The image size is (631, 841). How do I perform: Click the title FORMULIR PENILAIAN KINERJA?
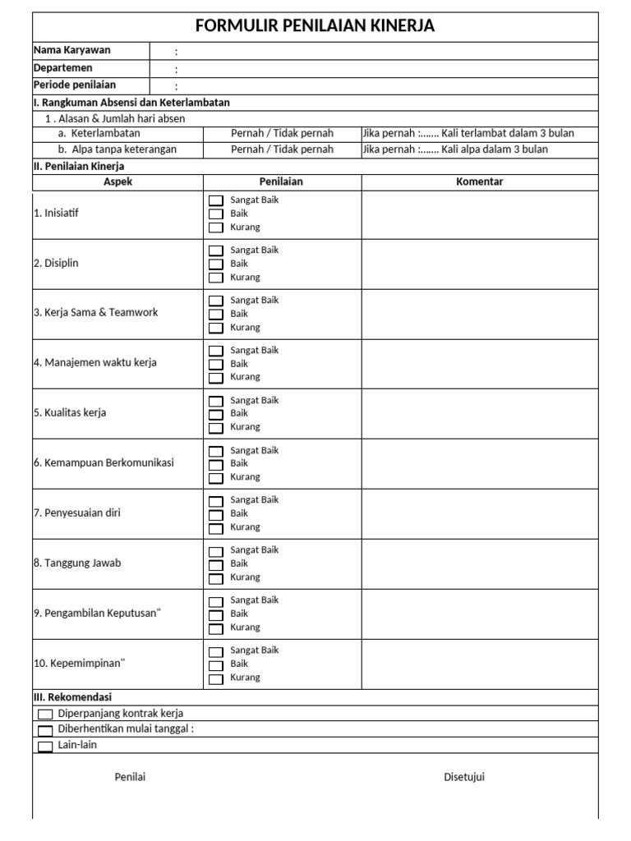click(x=315, y=26)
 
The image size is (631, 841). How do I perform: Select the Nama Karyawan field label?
click(x=71, y=50)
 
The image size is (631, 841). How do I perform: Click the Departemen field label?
click(x=62, y=68)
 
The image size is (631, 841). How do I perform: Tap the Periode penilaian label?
click(x=75, y=85)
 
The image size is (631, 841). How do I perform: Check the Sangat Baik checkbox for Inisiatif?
click(x=215, y=200)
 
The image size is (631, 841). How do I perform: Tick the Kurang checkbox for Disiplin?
click(x=215, y=278)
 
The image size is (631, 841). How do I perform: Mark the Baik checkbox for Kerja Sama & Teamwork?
click(x=215, y=315)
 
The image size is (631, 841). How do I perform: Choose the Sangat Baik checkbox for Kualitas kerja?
click(x=215, y=401)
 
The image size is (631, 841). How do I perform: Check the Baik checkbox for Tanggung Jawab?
click(x=215, y=565)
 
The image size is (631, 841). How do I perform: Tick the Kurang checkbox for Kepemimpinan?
click(x=215, y=679)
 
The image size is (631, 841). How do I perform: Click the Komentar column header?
click(x=479, y=182)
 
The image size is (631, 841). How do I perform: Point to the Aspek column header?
click(x=117, y=182)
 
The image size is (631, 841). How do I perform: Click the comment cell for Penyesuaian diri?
click(x=479, y=514)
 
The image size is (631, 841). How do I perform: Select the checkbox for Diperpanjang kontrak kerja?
click(x=45, y=715)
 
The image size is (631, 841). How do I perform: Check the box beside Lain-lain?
click(x=45, y=747)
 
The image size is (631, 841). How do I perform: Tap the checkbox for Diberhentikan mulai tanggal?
click(x=45, y=730)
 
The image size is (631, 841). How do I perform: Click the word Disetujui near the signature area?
click(x=464, y=777)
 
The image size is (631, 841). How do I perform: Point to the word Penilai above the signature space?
click(x=130, y=777)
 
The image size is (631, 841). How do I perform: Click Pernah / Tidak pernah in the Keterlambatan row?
click(x=282, y=133)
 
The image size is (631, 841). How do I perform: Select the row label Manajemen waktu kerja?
click(x=95, y=363)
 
